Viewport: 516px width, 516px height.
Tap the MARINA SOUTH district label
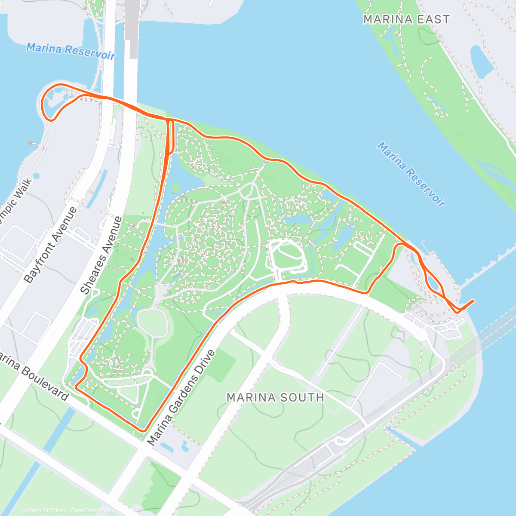[x=275, y=397]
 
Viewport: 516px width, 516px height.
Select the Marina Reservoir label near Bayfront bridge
[x=71, y=51]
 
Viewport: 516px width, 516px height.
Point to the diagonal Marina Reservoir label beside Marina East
[x=411, y=174]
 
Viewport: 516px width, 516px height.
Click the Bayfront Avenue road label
[x=50, y=245]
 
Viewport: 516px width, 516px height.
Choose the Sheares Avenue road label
[x=101, y=255]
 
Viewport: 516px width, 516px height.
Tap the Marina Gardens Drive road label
[x=181, y=398]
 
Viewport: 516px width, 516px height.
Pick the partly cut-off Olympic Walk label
[x=15, y=200]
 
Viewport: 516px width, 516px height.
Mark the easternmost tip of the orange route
[x=474, y=301]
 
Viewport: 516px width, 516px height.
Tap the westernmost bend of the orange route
[x=41, y=103]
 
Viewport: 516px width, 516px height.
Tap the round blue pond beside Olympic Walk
[x=36, y=176]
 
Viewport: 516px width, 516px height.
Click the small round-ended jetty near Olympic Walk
[x=31, y=142]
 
